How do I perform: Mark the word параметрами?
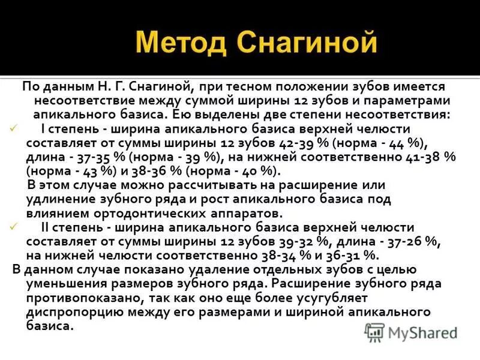click(406, 100)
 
